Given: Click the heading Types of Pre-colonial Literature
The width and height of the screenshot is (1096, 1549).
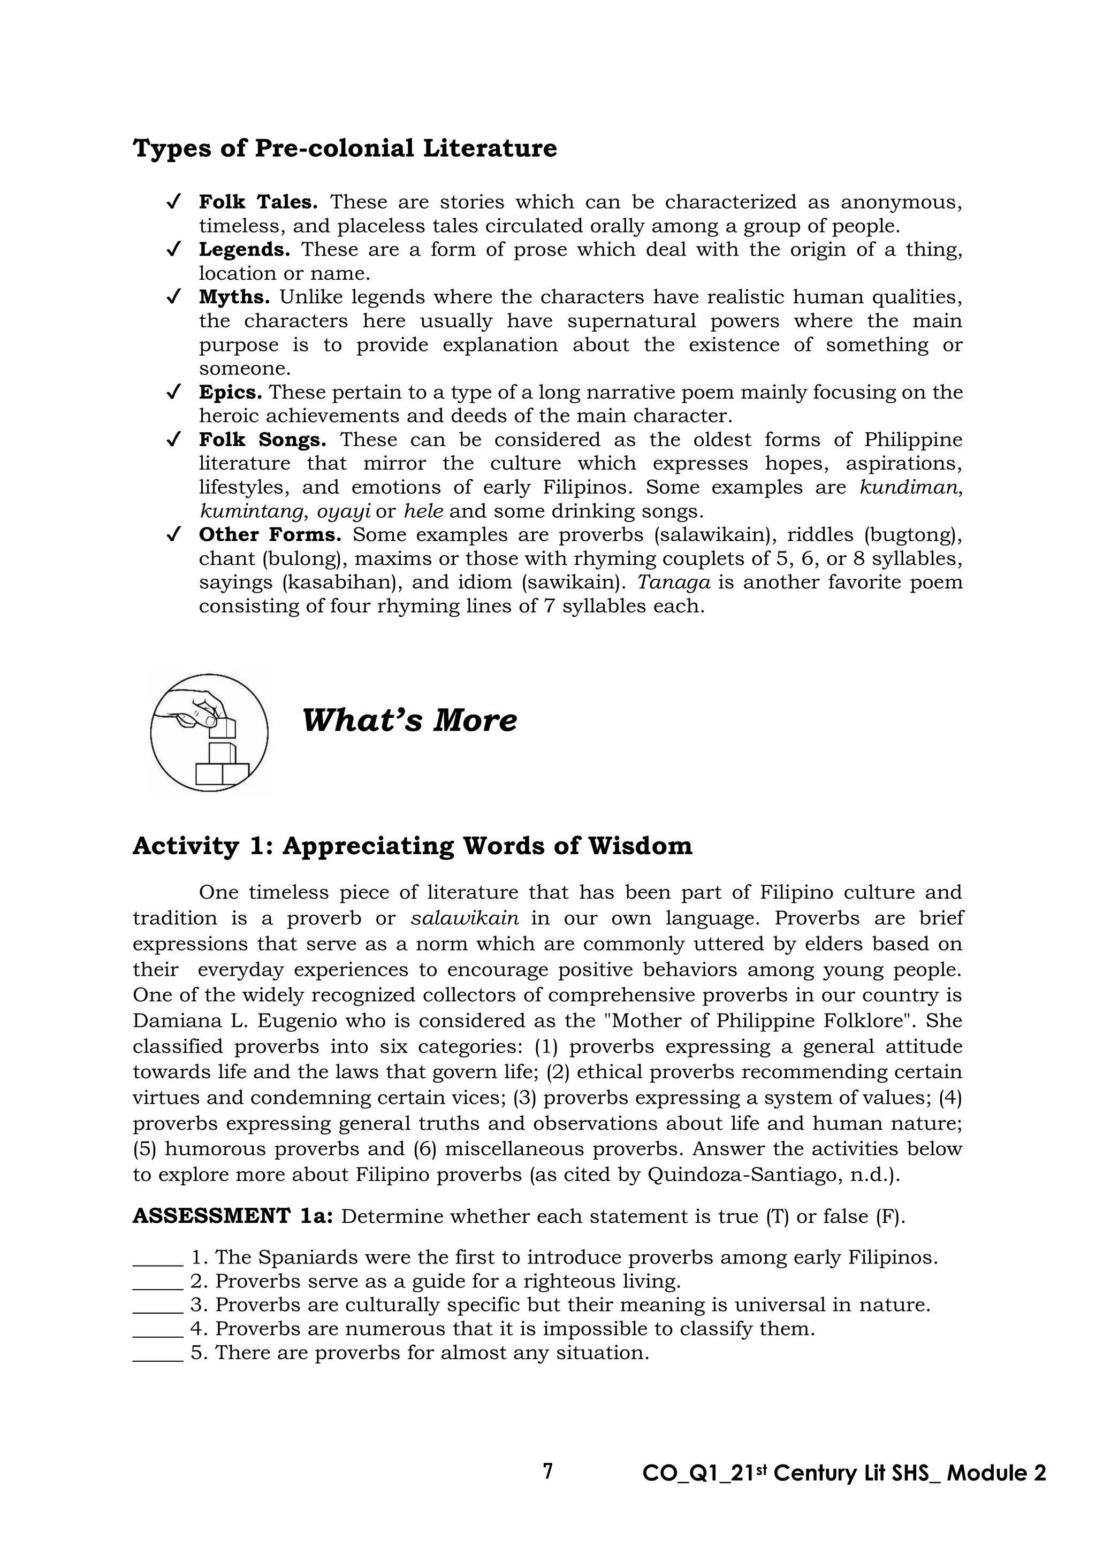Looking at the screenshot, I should (x=345, y=148).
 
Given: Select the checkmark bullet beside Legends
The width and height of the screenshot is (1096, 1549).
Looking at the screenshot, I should (x=173, y=250).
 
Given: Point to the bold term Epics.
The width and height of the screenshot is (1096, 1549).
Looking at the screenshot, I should (x=230, y=392).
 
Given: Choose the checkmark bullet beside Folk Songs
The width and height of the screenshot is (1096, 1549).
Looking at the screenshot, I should (x=173, y=440).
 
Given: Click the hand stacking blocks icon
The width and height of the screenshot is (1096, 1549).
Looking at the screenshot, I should (x=209, y=732).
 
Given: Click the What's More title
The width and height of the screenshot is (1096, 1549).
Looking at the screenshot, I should (x=409, y=720).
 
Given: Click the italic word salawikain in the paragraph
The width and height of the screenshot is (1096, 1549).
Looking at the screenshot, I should (x=465, y=918).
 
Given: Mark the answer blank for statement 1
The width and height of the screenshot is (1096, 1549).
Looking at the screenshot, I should (x=158, y=1257).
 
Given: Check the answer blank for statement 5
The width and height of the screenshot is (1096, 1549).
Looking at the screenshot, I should (x=158, y=1353).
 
